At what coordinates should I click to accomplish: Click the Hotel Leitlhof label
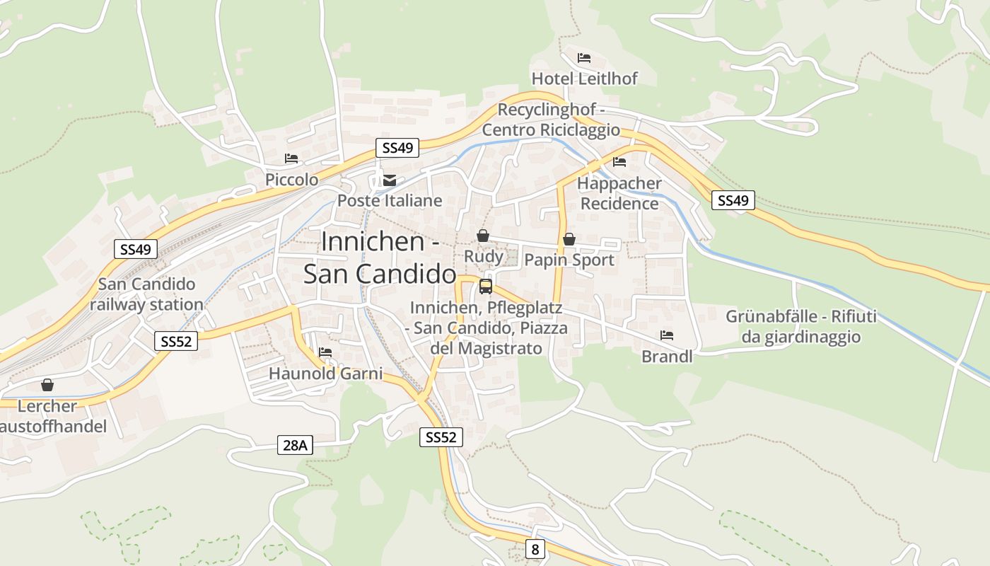click(584, 79)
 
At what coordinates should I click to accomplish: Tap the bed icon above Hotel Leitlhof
click(583, 58)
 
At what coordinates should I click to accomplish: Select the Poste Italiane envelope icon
click(390, 180)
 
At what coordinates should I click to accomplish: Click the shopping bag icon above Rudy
click(483, 236)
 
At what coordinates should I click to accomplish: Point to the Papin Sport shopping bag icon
click(569, 240)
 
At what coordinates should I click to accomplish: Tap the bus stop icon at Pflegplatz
click(486, 287)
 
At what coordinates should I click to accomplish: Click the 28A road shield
click(295, 445)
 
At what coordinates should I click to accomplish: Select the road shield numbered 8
click(535, 548)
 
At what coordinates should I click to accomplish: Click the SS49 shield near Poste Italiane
click(397, 148)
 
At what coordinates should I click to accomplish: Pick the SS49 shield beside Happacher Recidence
click(733, 200)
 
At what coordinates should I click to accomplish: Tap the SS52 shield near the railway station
click(176, 341)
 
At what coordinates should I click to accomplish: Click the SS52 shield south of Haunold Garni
click(441, 437)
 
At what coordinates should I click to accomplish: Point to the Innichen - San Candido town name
click(380, 258)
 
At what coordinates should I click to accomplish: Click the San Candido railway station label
click(146, 294)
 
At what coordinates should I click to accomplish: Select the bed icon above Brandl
click(667, 335)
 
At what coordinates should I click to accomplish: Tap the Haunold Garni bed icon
click(325, 352)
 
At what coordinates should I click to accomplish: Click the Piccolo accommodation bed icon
click(291, 159)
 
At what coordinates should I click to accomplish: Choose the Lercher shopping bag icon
click(47, 385)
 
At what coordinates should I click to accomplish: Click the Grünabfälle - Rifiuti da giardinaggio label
click(800, 326)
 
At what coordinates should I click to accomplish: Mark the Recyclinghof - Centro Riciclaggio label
click(551, 120)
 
